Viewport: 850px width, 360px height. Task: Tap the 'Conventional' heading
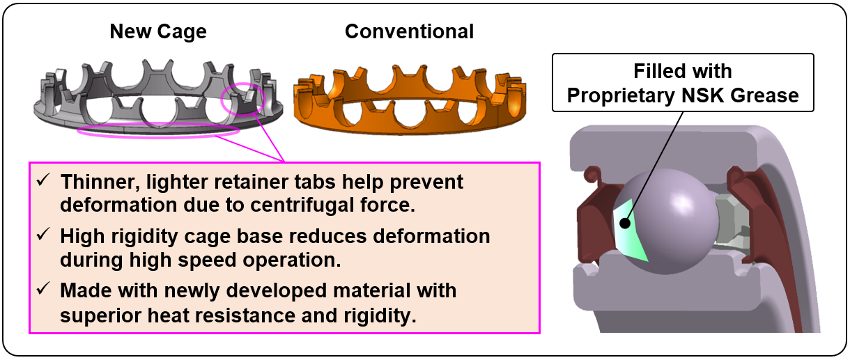tap(410, 31)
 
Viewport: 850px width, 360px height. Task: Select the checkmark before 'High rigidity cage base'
tap(43, 235)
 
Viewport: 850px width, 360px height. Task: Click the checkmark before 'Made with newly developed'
tap(43, 290)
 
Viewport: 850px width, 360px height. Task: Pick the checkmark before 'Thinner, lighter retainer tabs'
tap(43, 181)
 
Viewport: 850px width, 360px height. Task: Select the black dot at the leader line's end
tap(626, 224)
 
